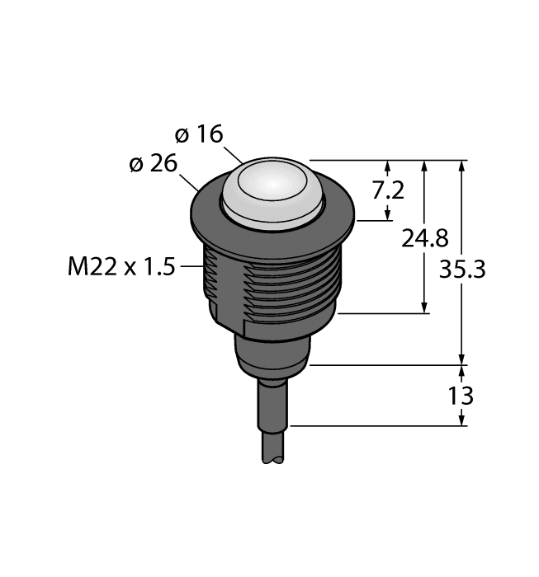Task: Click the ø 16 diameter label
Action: [x=199, y=134]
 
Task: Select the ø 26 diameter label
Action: [x=154, y=163]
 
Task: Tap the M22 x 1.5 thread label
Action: [x=121, y=266]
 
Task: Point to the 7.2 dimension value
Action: [x=388, y=190]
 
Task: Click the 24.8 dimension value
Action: [x=425, y=238]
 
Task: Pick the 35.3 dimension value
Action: [x=462, y=269]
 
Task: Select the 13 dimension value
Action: [x=461, y=396]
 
